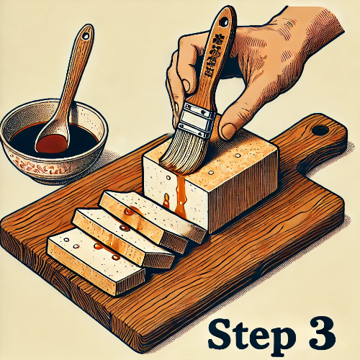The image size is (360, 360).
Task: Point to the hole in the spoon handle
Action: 86,33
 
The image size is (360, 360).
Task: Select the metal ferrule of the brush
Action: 196,118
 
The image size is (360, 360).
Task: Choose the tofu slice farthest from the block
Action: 86,259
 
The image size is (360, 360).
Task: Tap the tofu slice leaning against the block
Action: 151,212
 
